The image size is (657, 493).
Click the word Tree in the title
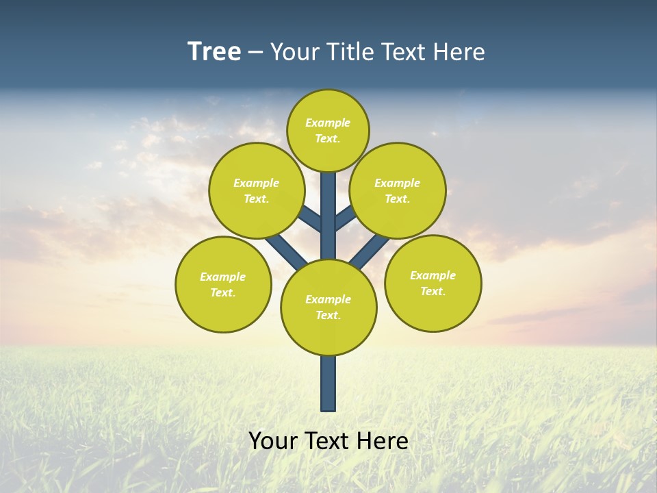coord(214,51)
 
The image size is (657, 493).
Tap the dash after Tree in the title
coord(255,53)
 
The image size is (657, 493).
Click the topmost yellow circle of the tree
coord(328,130)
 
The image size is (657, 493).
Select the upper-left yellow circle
coord(257,190)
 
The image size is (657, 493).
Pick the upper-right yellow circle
coord(398,190)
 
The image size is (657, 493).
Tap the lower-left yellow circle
coord(223,284)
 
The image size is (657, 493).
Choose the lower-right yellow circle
coord(433,283)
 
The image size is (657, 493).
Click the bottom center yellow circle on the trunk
coord(328,307)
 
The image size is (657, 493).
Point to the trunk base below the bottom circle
coord(328,383)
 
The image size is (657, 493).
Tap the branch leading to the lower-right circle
coord(370,252)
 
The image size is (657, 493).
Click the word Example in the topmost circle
coord(328,123)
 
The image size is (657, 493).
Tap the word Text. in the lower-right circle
coord(433,291)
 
